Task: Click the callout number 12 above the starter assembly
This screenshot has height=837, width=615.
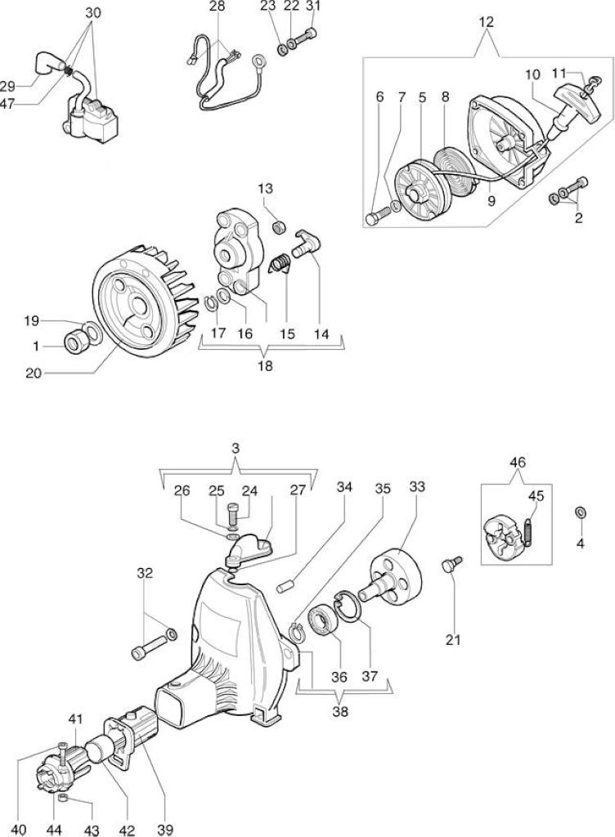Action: (487, 22)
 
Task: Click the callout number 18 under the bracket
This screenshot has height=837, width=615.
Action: (265, 366)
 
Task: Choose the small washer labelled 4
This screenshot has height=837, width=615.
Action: (581, 512)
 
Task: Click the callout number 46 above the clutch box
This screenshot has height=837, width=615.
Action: (518, 462)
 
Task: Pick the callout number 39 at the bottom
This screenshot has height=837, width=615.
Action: (165, 830)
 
